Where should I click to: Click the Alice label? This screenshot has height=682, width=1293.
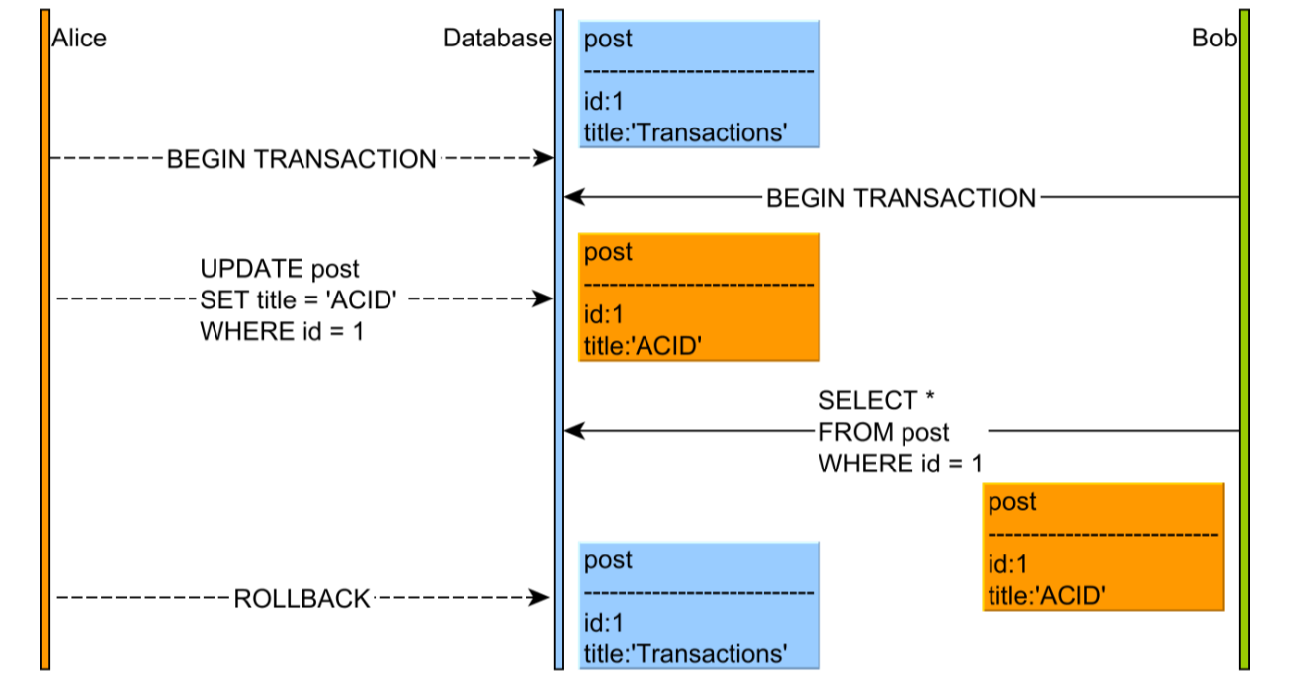pyautogui.click(x=79, y=39)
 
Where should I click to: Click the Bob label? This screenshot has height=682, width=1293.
pyautogui.click(x=1214, y=39)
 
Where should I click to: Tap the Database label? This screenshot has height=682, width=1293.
pyautogui.click(x=497, y=39)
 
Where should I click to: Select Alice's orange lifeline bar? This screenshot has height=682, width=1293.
pyautogui.click(x=45, y=339)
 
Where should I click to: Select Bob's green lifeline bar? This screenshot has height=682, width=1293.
pyautogui.click(x=1244, y=339)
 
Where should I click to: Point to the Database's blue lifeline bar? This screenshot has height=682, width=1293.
pyautogui.click(x=559, y=339)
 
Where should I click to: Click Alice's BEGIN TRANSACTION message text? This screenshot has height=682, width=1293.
pyautogui.click(x=302, y=159)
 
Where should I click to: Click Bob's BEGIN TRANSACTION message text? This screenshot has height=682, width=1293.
pyautogui.click(x=902, y=198)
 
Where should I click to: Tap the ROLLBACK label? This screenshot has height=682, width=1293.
pyautogui.click(x=302, y=599)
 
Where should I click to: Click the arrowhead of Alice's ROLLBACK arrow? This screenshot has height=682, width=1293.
pyautogui.click(x=538, y=598)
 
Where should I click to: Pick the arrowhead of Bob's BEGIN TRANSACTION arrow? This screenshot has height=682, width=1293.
pyautogui.click(x=575, y=197)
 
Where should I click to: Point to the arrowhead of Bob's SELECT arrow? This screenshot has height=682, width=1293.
pyautogui.click(x=575, y=430)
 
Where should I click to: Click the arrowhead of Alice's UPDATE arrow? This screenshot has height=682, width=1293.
pyautogui.click(x=543, y=298)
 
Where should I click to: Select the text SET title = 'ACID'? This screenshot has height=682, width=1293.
pyautogui.click(x=299, y=300)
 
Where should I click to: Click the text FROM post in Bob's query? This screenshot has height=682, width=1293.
pyautogui.click(x=884, y=432)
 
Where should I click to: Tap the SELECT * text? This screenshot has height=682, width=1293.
pyautogui.click(x=876, y=400)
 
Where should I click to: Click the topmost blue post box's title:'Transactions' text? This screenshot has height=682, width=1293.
pyautogui.click(x=685, y=132)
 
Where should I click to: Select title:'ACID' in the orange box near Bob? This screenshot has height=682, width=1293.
pyautogui.click(x=1047, y=596)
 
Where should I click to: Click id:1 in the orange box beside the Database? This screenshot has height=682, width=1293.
pyautogui.click(x=604, y=315)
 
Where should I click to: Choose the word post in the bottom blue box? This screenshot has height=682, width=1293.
pyautogui.click(x=608, y=560)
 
